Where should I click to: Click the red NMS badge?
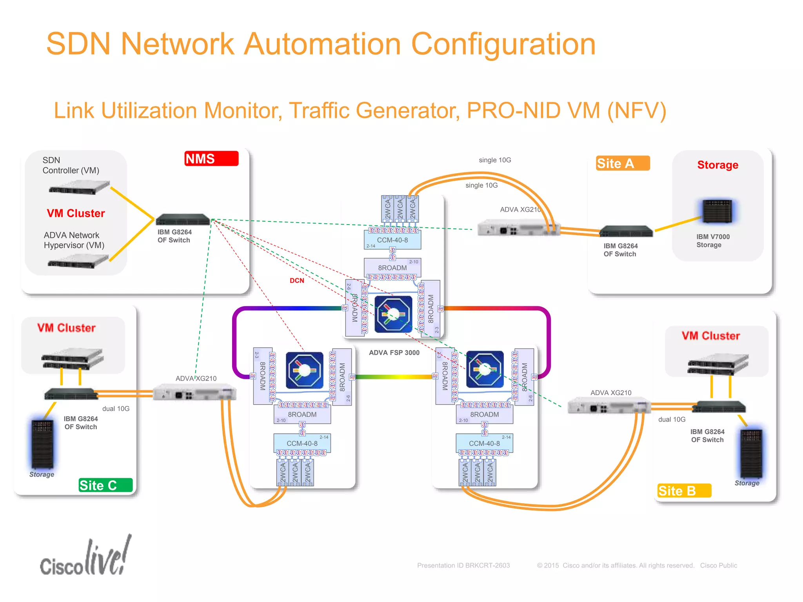point(211,159)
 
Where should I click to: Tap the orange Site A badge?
point(623,163)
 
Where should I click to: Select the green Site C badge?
point(105,485)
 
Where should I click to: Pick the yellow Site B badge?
point(684,491)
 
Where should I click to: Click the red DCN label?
point(297,281)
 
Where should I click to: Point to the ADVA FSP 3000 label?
point(394,353)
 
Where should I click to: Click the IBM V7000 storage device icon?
point(717,211)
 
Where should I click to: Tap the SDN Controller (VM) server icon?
point(79,187)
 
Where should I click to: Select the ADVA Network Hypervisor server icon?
point(78,261)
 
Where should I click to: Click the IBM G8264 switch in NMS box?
point(183,219)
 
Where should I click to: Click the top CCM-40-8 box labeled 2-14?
point(392,240)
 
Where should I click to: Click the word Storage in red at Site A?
point(718,165)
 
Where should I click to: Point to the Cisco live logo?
point(85,558)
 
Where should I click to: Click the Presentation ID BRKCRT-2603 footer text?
point(463,566)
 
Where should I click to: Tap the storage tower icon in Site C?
point(42,444)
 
